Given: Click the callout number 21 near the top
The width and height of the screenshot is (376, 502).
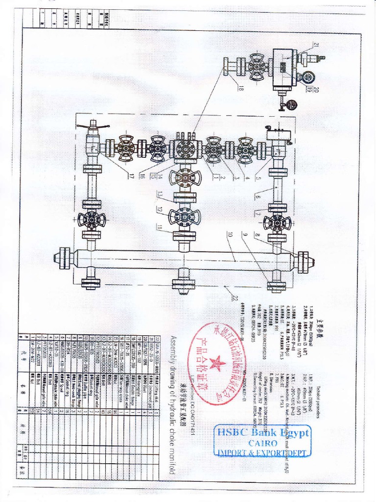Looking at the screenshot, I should [x=316, y=45].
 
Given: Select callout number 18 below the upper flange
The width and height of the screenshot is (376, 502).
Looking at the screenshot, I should [x=241, y=88].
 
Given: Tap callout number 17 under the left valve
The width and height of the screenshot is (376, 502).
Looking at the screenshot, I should [x=131, y=176].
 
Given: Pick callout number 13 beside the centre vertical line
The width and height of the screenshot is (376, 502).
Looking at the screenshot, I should [x=159, y=194].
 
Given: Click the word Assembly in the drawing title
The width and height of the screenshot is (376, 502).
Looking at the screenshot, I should [x=172, y=349].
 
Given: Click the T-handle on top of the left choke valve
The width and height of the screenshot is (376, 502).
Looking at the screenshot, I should [x=93, y=129].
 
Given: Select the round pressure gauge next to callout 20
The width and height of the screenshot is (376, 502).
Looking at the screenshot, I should [x=307, y=77].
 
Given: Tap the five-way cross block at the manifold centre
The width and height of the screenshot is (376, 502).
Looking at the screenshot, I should [x=185, y=149].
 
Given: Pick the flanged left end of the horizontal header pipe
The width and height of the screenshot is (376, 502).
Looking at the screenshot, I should [x=64, y=258].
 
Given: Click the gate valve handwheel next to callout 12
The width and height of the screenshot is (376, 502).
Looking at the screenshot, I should [x=184, y=217].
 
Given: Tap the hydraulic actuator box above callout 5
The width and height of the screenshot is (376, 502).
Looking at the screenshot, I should [x=279, y=134].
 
